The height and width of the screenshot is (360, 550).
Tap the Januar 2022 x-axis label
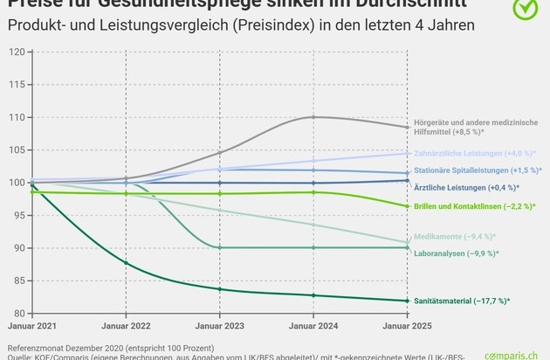[126, 327]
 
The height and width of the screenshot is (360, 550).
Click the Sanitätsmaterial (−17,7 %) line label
[460, 301]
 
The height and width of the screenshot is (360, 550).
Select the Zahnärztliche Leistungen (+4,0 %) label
[472, 153]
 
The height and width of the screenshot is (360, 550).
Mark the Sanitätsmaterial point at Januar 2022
[126, 263]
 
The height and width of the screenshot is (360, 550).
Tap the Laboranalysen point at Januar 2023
[219, 248]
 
